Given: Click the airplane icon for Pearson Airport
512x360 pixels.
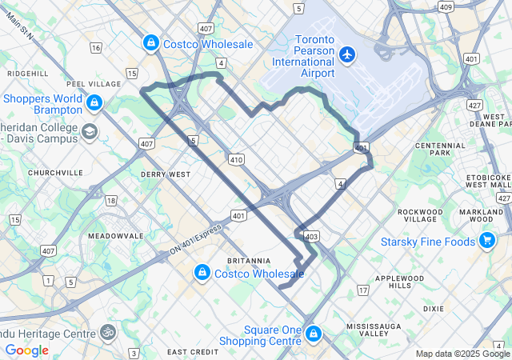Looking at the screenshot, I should tap(346, 54).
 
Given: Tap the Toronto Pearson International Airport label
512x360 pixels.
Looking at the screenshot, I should tap(303, 56).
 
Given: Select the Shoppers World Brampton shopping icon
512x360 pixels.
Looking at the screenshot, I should tap(94, 103).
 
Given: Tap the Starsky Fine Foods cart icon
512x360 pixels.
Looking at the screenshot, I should tap(486, 240).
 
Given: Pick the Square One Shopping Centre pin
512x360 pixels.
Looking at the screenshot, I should tap(314, 333).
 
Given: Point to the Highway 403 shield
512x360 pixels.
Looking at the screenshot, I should tap(312, 236).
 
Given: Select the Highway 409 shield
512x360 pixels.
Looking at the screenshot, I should tap(446, 7).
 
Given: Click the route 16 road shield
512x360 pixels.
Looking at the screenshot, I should tap(96, 48).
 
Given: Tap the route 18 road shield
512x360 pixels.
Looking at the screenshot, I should tap(110, 201).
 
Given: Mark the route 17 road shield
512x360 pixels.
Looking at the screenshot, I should tap(363, 290).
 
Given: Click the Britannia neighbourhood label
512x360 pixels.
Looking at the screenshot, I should tap(250, 261).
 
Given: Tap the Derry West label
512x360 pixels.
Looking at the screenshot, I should tap(166, 174).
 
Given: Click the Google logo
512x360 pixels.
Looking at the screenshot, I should tap(26, 350).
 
